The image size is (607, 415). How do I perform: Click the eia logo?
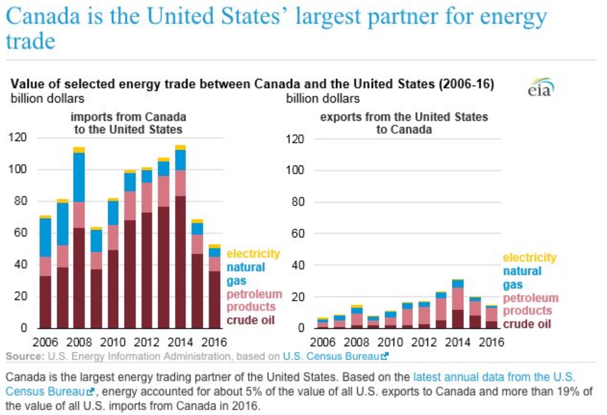pyautogui.click(x=540, y=88)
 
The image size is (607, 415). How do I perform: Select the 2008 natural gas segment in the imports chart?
pyautogui.click(x=79, y=178)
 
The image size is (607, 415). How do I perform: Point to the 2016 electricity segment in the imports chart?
pyautogui.click(x=214, y=246)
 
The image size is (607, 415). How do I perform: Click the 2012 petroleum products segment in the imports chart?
pyautogui.click(x=147, y=197)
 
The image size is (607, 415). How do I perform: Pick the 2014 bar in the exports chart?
pyautogui.click(x=458, y=304)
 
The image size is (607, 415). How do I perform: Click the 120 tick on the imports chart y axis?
pyautogui.click(x=18, y=137)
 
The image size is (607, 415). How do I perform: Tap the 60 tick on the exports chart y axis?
pyautogui.click(x=298, y=233)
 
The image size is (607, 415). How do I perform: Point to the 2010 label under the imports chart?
pyautogui.click(x=113, y=342)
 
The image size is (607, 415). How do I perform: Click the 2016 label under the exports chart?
pyautogui.click(x=491, y=342)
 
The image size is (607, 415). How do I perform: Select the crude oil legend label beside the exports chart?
pyautogui.click(x=527, y=324)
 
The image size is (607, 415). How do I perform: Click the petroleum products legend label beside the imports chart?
pyautogui.click(x=254, y=300)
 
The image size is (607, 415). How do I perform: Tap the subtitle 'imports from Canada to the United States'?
pyautogui.click(x=128, y=123)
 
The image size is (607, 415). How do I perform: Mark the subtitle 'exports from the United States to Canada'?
pyautogui.click(x=404, y=123)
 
